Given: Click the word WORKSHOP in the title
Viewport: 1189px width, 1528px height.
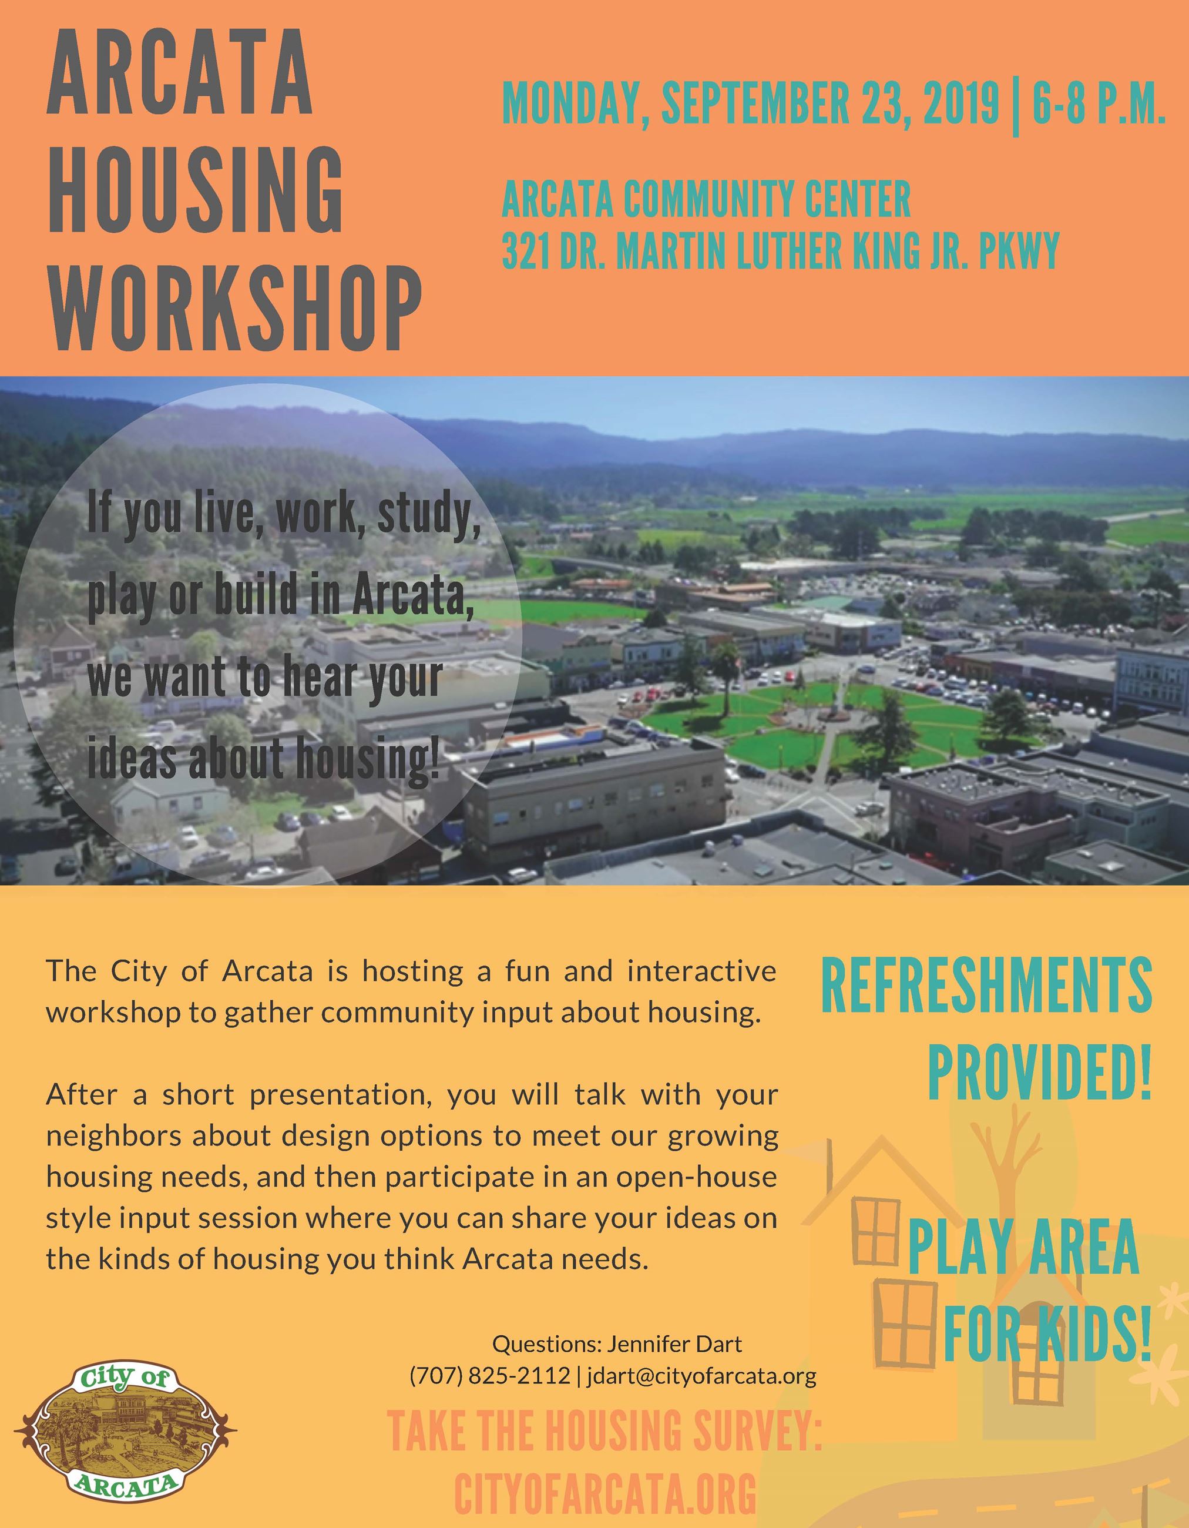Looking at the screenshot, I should pos(234,308).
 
